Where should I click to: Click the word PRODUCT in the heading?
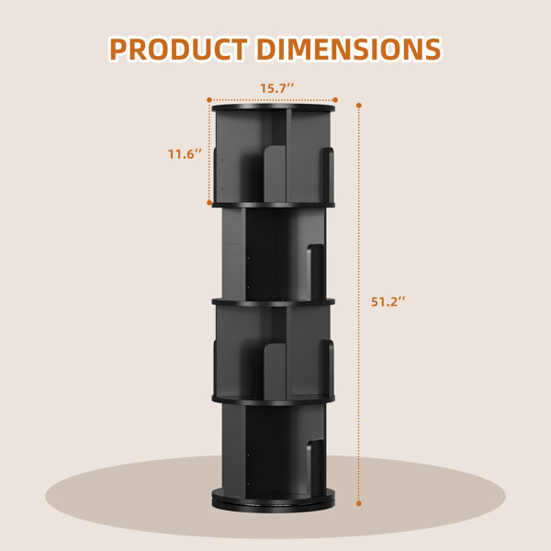click(x=178, y=49)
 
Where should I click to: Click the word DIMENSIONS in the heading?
click(x=349, y=49)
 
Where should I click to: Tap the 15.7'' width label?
click(x=276, y=88)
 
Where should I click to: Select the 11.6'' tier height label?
click(x=185, y=154)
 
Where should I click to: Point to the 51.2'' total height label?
click(x=388, y=301)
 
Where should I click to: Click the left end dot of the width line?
click(x=209, y=100)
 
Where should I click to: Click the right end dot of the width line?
click(x=335, y=100)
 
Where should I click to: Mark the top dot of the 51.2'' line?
click(x=359, y=106)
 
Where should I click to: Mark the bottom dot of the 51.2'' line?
click(x=359, y=503)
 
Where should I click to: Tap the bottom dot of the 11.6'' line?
click(x=209, y=203)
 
